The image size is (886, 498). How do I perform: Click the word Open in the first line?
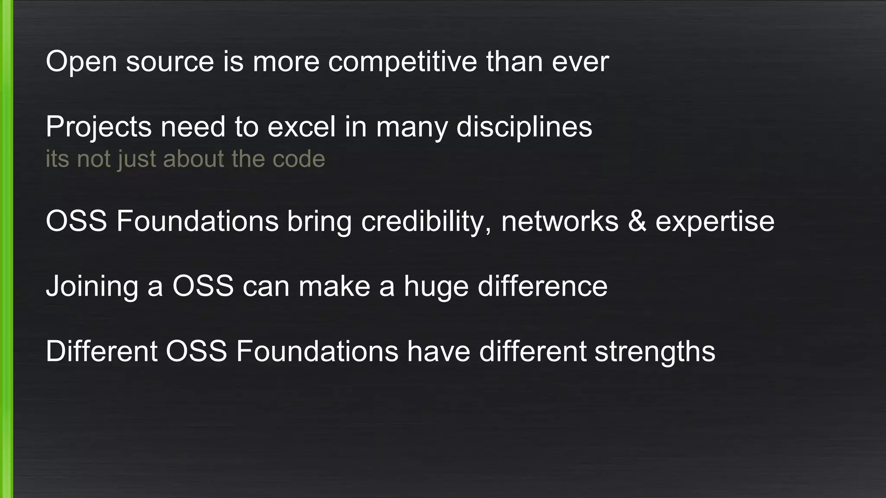[81, 62]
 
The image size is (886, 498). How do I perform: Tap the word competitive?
[402, 62]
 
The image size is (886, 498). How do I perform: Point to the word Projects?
[99, 127]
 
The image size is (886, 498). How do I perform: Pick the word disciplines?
[524, 127]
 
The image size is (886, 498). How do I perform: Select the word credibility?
[426, 222]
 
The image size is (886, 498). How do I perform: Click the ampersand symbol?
[637, 222]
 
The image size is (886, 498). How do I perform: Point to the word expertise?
[715, 222]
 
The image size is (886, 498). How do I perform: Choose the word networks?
[560, 222]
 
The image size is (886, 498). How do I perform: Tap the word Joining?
[92, 287]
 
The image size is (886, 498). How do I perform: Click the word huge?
[436, 287]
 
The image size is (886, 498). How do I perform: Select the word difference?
[543, 287]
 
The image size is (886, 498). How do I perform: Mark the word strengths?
[655, 351]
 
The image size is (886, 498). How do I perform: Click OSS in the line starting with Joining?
[203, 287]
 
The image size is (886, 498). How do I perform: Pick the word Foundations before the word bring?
[197, 222]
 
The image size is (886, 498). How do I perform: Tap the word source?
[170, 62]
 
